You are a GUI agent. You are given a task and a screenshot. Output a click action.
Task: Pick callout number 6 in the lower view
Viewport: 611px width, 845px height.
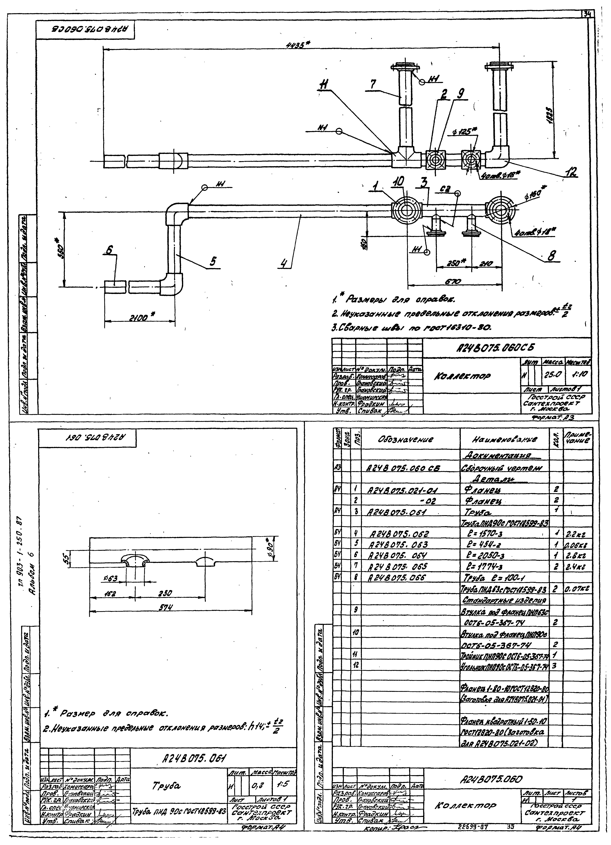(109, 251)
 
